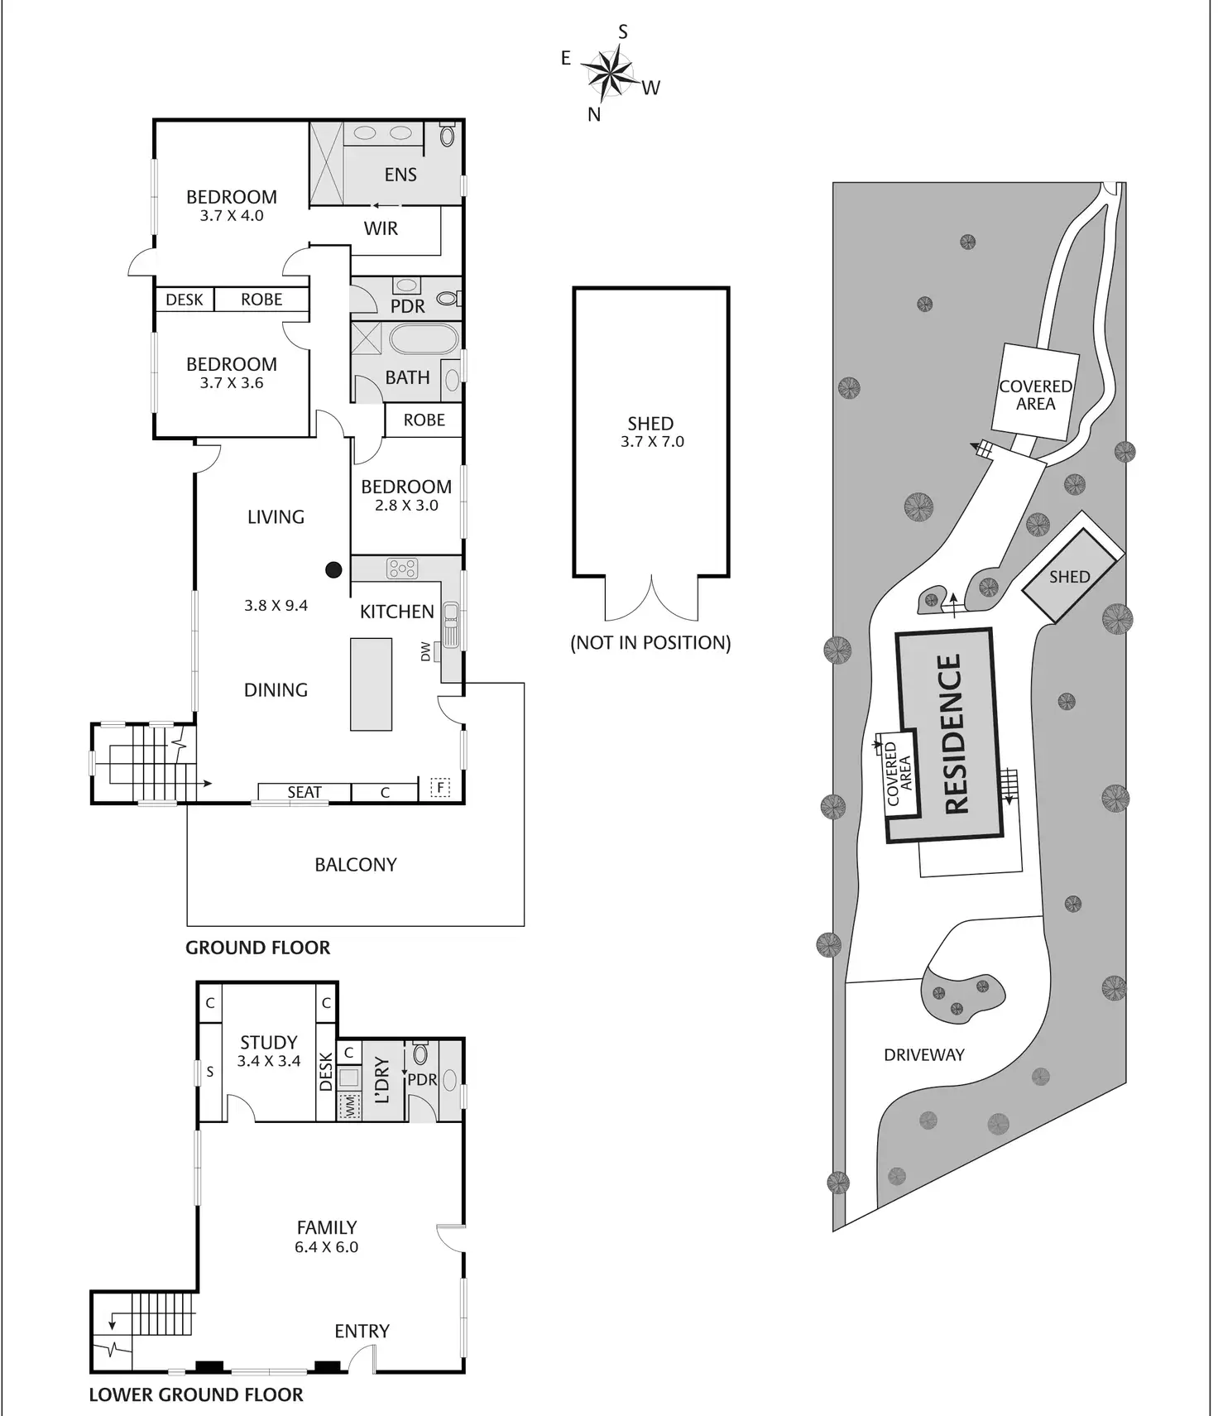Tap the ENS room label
click(400, 175)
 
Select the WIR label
click(381, 228)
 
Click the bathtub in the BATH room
click(423, 339)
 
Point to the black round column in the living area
click(333, 569)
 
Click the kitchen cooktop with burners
click(402, 568)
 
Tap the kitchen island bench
click(371, 684)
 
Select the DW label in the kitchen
click(426, 651)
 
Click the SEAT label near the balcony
click(304, 792)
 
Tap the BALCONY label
click(356, 865)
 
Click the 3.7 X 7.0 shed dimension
click(652, 442)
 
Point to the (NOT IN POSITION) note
click(650, 643)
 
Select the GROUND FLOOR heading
click(257, 948)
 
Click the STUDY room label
click(268, 1043)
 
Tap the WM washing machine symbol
click(349, 1105)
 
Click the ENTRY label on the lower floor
click(362, 1331)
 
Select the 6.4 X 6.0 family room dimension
click(326, 1247)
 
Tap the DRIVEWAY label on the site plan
click(923, 1055)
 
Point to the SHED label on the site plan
click(1069, 577)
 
